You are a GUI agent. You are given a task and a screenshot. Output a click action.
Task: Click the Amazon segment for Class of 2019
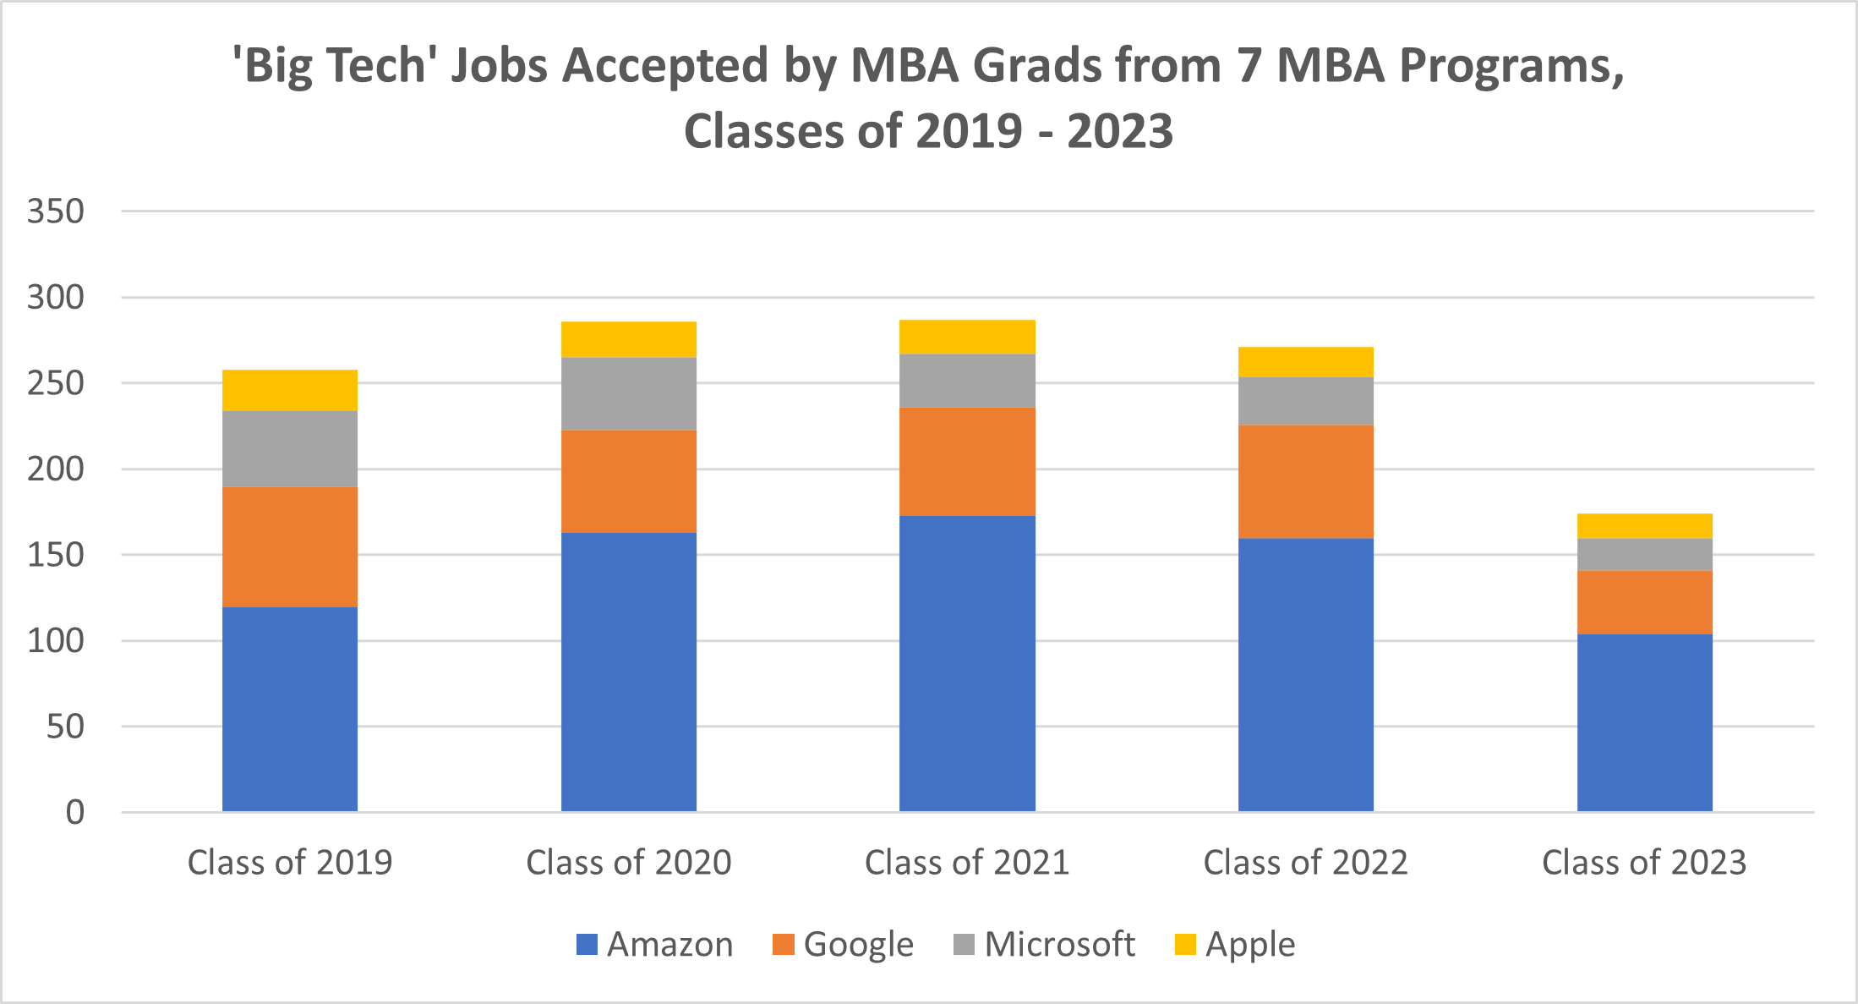[290, 709]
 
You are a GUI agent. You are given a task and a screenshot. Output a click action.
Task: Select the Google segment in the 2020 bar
[629, 480]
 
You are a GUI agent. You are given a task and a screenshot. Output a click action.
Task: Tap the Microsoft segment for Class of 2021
[967, 381]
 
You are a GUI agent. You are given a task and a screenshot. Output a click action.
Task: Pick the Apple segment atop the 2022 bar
[1305, 362]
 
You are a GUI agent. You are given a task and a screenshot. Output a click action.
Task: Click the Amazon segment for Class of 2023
[1644, 722]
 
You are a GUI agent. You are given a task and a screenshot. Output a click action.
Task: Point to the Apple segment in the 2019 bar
[290, 390]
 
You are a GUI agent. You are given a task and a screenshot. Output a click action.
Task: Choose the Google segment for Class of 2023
[1644, 602]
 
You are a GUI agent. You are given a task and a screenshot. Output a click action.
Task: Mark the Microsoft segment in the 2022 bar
[1305, 401]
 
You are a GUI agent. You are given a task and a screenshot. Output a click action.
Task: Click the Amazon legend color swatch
[587, 945]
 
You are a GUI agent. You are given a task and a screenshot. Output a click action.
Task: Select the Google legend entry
[858, 945]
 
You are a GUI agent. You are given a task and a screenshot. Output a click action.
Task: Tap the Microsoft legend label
[1059, 945]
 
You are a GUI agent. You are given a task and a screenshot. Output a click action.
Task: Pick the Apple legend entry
[1249, 945]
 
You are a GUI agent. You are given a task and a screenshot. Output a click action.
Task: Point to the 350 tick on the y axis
[56, 211]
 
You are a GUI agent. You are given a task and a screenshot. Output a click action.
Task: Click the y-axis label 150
[56, 555]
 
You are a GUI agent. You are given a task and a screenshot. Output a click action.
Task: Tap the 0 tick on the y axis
[75, 813]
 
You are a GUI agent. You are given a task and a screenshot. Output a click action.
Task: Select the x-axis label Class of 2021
[967, 863]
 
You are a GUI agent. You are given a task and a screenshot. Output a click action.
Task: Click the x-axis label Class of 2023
[1644, 863]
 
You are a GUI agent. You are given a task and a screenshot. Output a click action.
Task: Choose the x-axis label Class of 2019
[290, 863]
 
